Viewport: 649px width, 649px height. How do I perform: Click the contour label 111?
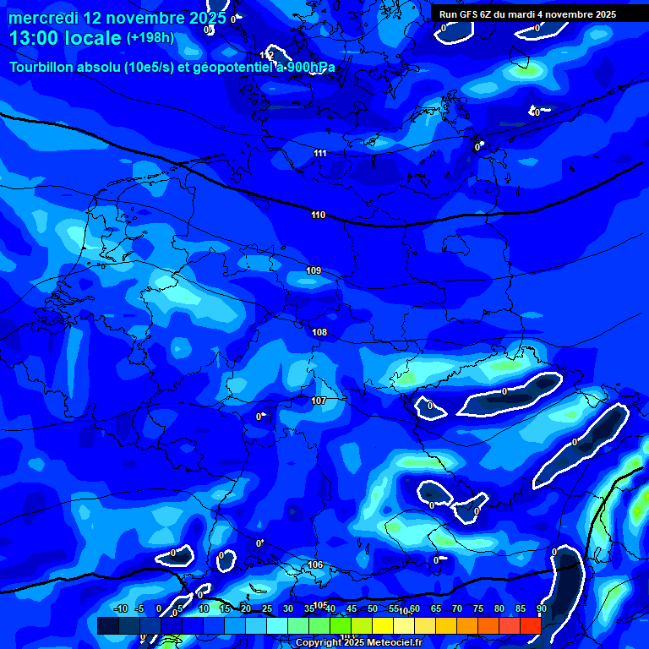319,153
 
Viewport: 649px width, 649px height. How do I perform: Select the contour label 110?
318,215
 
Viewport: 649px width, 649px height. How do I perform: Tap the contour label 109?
314,270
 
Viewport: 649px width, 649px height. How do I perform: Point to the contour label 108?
319,332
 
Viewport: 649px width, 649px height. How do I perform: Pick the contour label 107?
319,401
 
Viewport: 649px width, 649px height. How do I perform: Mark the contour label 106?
315,564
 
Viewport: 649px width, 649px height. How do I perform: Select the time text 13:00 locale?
66,38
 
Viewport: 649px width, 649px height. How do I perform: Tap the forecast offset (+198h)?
150,38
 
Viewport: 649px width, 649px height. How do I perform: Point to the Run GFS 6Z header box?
527,14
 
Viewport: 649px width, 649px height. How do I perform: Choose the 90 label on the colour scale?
541,608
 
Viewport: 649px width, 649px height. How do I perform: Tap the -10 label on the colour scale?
120,608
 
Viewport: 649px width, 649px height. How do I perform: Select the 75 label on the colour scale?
477,608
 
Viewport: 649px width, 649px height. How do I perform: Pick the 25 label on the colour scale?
266,608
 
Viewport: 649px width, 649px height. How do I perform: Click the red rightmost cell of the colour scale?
530,625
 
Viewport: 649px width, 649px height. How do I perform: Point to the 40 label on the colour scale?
330,608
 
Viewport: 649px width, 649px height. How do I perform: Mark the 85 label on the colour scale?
520,608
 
